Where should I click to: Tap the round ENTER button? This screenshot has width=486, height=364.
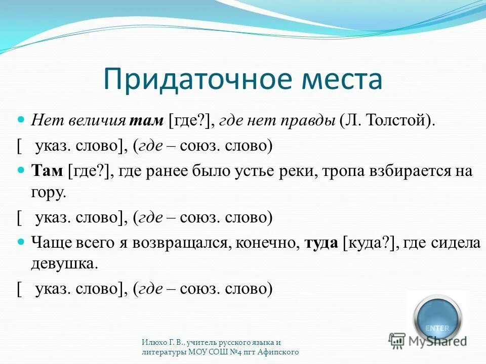coord(437,318)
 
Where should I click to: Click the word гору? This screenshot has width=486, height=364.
coord(48,193)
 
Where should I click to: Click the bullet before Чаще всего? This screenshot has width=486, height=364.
coord(21,242)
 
